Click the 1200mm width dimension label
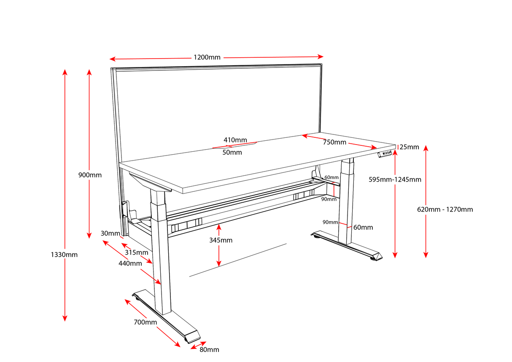(x=207, y=57)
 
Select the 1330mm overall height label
(x=64, y=255)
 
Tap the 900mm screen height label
(x=90, y=175)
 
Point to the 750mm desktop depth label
(x=334, y=142)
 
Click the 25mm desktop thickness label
(x=409, y=147)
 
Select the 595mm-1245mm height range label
(x=395, y=180)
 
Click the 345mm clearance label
(x=221, y=240)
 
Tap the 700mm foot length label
(x=145, y=322)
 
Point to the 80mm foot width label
(x=209, y=350)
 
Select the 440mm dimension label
(x=130, y=263)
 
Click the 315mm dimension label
(x=136, y=252)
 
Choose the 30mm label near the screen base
(x=110, y=233)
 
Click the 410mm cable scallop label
(x=235, y=140)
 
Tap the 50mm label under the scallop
(x=232, y=153)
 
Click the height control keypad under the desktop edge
(x=385, y=154)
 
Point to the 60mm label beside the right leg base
(x=363, y=228)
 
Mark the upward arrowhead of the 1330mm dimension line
(x=65, y=71)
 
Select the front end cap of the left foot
(x=193, y=337)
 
